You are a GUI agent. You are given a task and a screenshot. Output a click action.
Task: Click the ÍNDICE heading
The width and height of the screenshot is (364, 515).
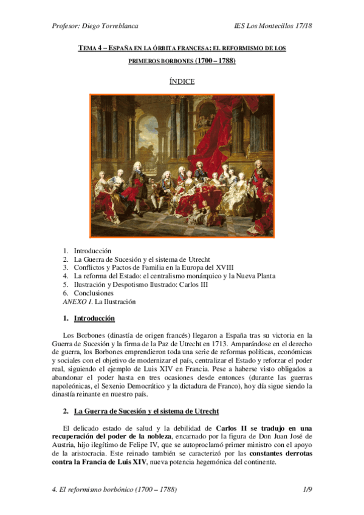click(182, 81)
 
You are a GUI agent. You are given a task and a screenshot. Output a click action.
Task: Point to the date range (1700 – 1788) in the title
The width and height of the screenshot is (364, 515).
click(215, 61)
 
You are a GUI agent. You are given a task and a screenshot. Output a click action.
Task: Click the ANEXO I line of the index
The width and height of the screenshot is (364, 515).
click(99, 301)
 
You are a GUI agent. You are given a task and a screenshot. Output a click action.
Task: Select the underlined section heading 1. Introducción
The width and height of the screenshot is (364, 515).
click(94, 318)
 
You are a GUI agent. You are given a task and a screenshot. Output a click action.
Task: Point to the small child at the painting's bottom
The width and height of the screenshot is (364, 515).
click(196, 217)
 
